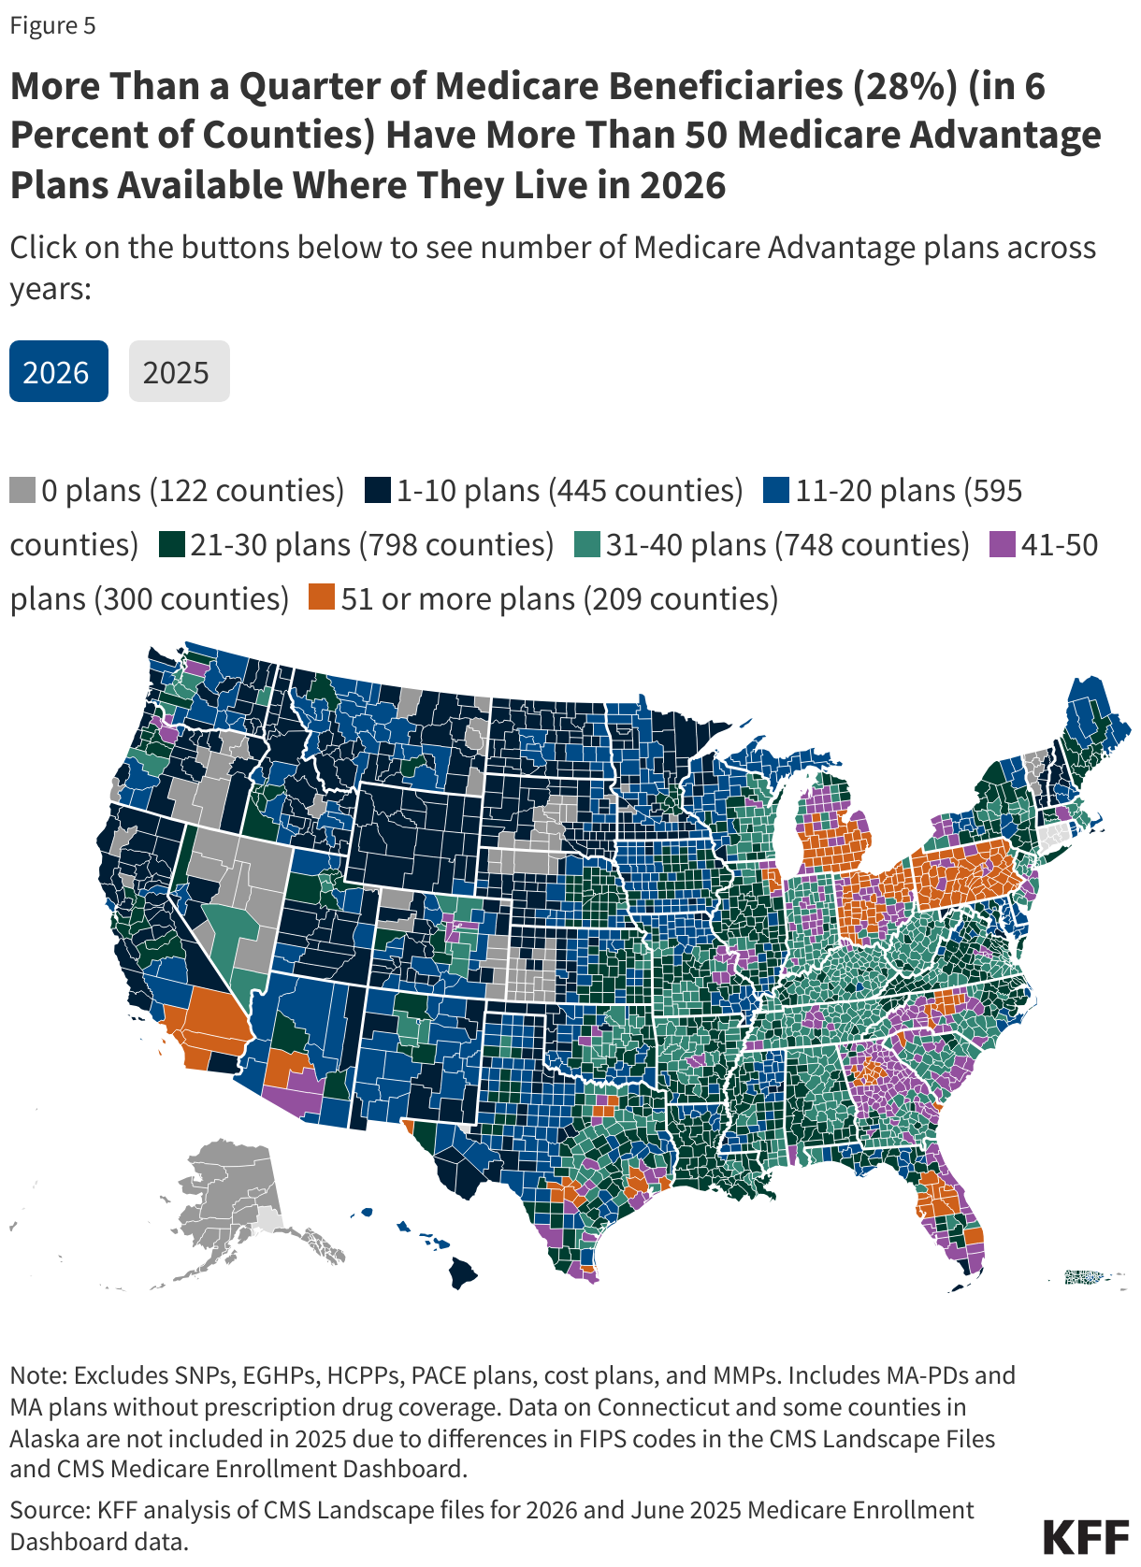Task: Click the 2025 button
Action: coord(179,372)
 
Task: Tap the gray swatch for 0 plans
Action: coord(22,490)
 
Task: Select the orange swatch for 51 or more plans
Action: coord(322,597)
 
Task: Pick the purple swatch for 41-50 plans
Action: coord(1002,544)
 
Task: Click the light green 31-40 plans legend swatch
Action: coord(586,544)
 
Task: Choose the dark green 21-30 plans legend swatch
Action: coord(171,544)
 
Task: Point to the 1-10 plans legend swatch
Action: coord(377,490)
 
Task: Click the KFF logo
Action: coord(1085,1536)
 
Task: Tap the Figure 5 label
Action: coord(52,25)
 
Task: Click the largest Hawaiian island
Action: coord(462,1272)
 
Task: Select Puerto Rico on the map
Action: coord(1086,1276)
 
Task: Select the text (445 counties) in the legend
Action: coord(645,490)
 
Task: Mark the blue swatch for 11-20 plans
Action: coord(776,490)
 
